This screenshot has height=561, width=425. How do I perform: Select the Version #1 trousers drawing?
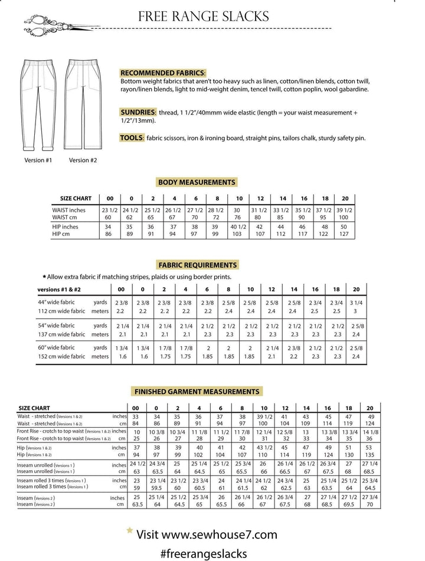(38, 104)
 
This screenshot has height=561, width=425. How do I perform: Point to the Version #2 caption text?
(83, 160)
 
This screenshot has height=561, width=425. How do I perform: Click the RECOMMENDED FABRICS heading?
(163, 72)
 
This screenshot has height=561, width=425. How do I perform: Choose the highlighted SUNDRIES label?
(138, 111)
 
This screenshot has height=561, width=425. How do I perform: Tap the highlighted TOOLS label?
(132, 137)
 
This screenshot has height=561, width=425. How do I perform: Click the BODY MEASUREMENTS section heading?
(197, 182)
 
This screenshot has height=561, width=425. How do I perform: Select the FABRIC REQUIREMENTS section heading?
(197, 265)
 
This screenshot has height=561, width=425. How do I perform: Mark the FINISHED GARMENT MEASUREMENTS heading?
(197, 391)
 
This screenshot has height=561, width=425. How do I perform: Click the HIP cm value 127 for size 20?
(345, 234)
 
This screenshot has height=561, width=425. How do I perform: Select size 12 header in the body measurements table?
(260, 198)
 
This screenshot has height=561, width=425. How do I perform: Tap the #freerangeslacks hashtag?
(203, 553)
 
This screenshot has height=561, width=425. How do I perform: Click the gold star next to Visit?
(129, 531)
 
